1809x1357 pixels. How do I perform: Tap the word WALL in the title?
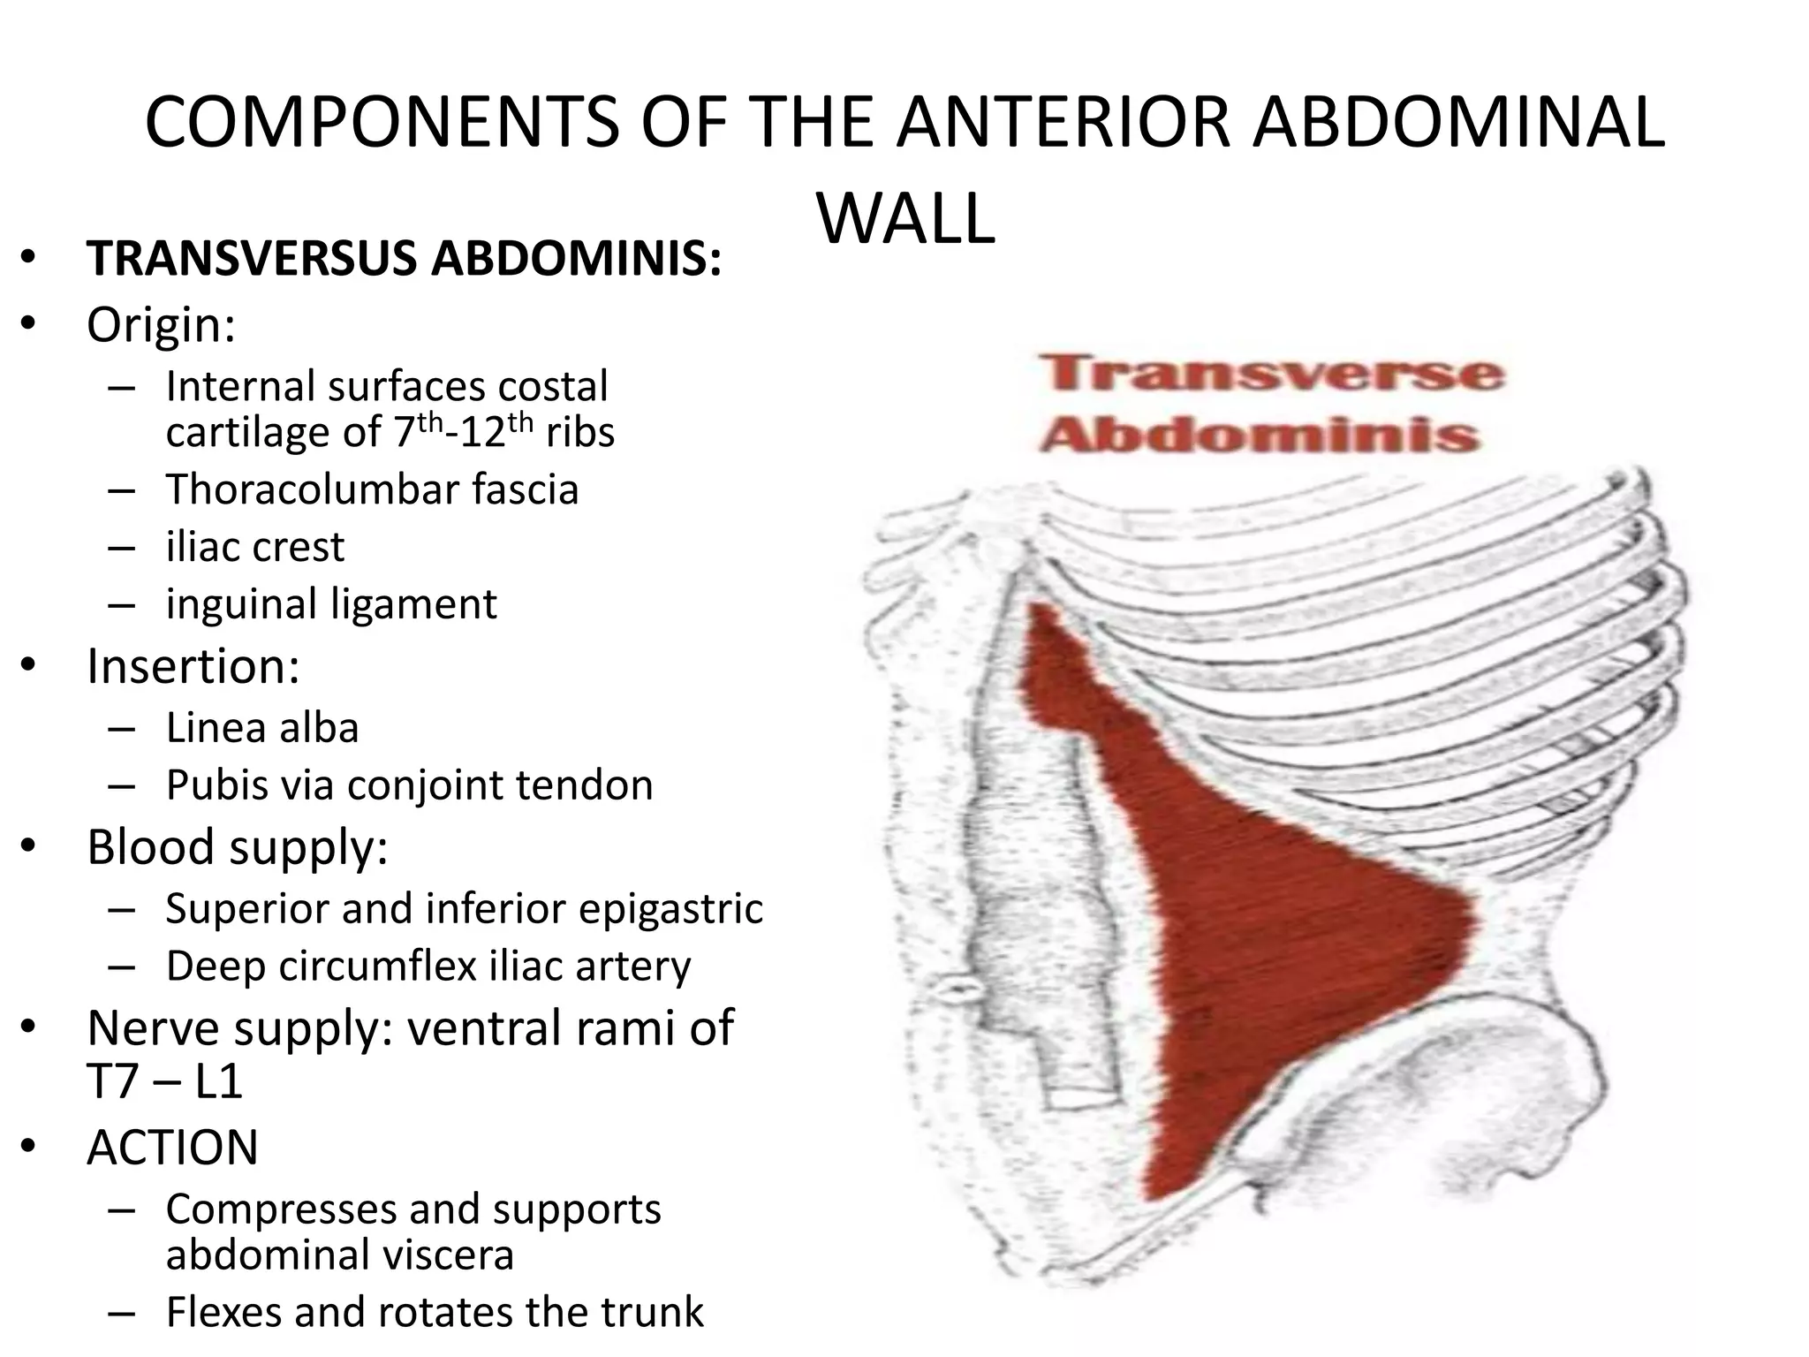[906, 220]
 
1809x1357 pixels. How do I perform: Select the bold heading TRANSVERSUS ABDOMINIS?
[404, 259]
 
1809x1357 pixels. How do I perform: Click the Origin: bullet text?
[161, 325]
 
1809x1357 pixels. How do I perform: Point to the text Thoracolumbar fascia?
[372, 489]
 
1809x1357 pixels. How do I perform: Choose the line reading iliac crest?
[254, 547]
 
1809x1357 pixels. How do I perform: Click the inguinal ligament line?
[331, 604]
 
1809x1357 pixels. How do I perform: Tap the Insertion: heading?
[193, 666]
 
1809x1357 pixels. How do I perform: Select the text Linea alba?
[262, 728]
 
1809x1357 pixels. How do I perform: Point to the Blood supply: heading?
[237, 847]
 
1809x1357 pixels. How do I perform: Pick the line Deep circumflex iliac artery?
[428, 966]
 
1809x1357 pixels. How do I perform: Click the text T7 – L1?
[164, 1080]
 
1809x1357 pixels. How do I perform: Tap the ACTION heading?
[172, 1148]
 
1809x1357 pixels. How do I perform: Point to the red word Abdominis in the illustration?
[1260, 436]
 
